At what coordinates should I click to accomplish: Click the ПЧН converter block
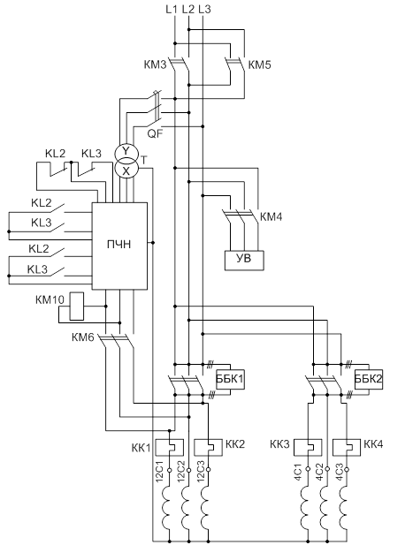click(x=119, y=246)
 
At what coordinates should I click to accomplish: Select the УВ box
click(x=244, y=260)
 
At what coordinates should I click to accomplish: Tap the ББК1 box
click(x=230, y=379)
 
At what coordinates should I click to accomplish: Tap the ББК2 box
click(x=369, y=379)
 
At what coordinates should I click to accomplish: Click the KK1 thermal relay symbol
click(x=169, y=447)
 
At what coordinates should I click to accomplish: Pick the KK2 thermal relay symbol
click(x=208, y=447)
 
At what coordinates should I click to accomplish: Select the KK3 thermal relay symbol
click(x=308, y=447)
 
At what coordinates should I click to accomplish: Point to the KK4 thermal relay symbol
click(x=347, y=447)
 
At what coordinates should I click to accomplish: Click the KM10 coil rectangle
click(x=77, y=307)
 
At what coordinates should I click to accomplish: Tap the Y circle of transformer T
click(x=126, y=151)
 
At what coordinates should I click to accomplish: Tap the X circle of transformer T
click(x=126, y=170)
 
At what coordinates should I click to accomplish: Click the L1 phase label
click(x=172, y=10)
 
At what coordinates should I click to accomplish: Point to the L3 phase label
click(x=204, y=10)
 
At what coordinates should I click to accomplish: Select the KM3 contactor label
click(x=155, y=65)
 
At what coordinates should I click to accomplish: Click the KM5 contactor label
click(x=259, y=65)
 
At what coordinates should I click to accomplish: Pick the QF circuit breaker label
click(x=155, y=133)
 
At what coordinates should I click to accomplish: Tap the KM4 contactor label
click(x=272, y=217)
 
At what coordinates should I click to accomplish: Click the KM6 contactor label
click(x=83, y=337)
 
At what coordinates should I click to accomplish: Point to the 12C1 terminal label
click(x=160, y=471)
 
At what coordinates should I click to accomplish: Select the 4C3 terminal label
click(x=340, y=471)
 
